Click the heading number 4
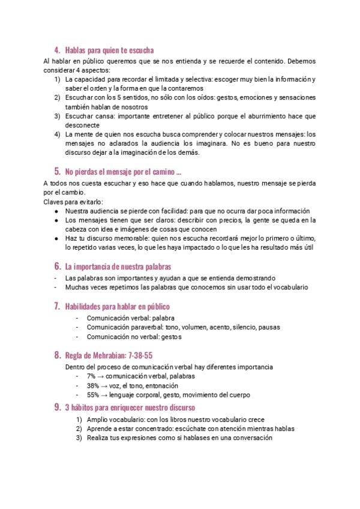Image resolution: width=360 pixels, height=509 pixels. tap(56, 50)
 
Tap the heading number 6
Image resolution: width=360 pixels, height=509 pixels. tap(56, 266)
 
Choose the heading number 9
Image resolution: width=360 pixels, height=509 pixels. tap(56, 408)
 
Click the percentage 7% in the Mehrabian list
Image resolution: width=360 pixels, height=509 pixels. tap(91, 376)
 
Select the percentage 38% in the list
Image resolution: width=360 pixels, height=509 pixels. tap(93, 385)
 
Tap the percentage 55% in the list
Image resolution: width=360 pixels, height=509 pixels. tap(93, 395)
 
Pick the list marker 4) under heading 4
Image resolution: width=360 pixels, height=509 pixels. tap(57, 134)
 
